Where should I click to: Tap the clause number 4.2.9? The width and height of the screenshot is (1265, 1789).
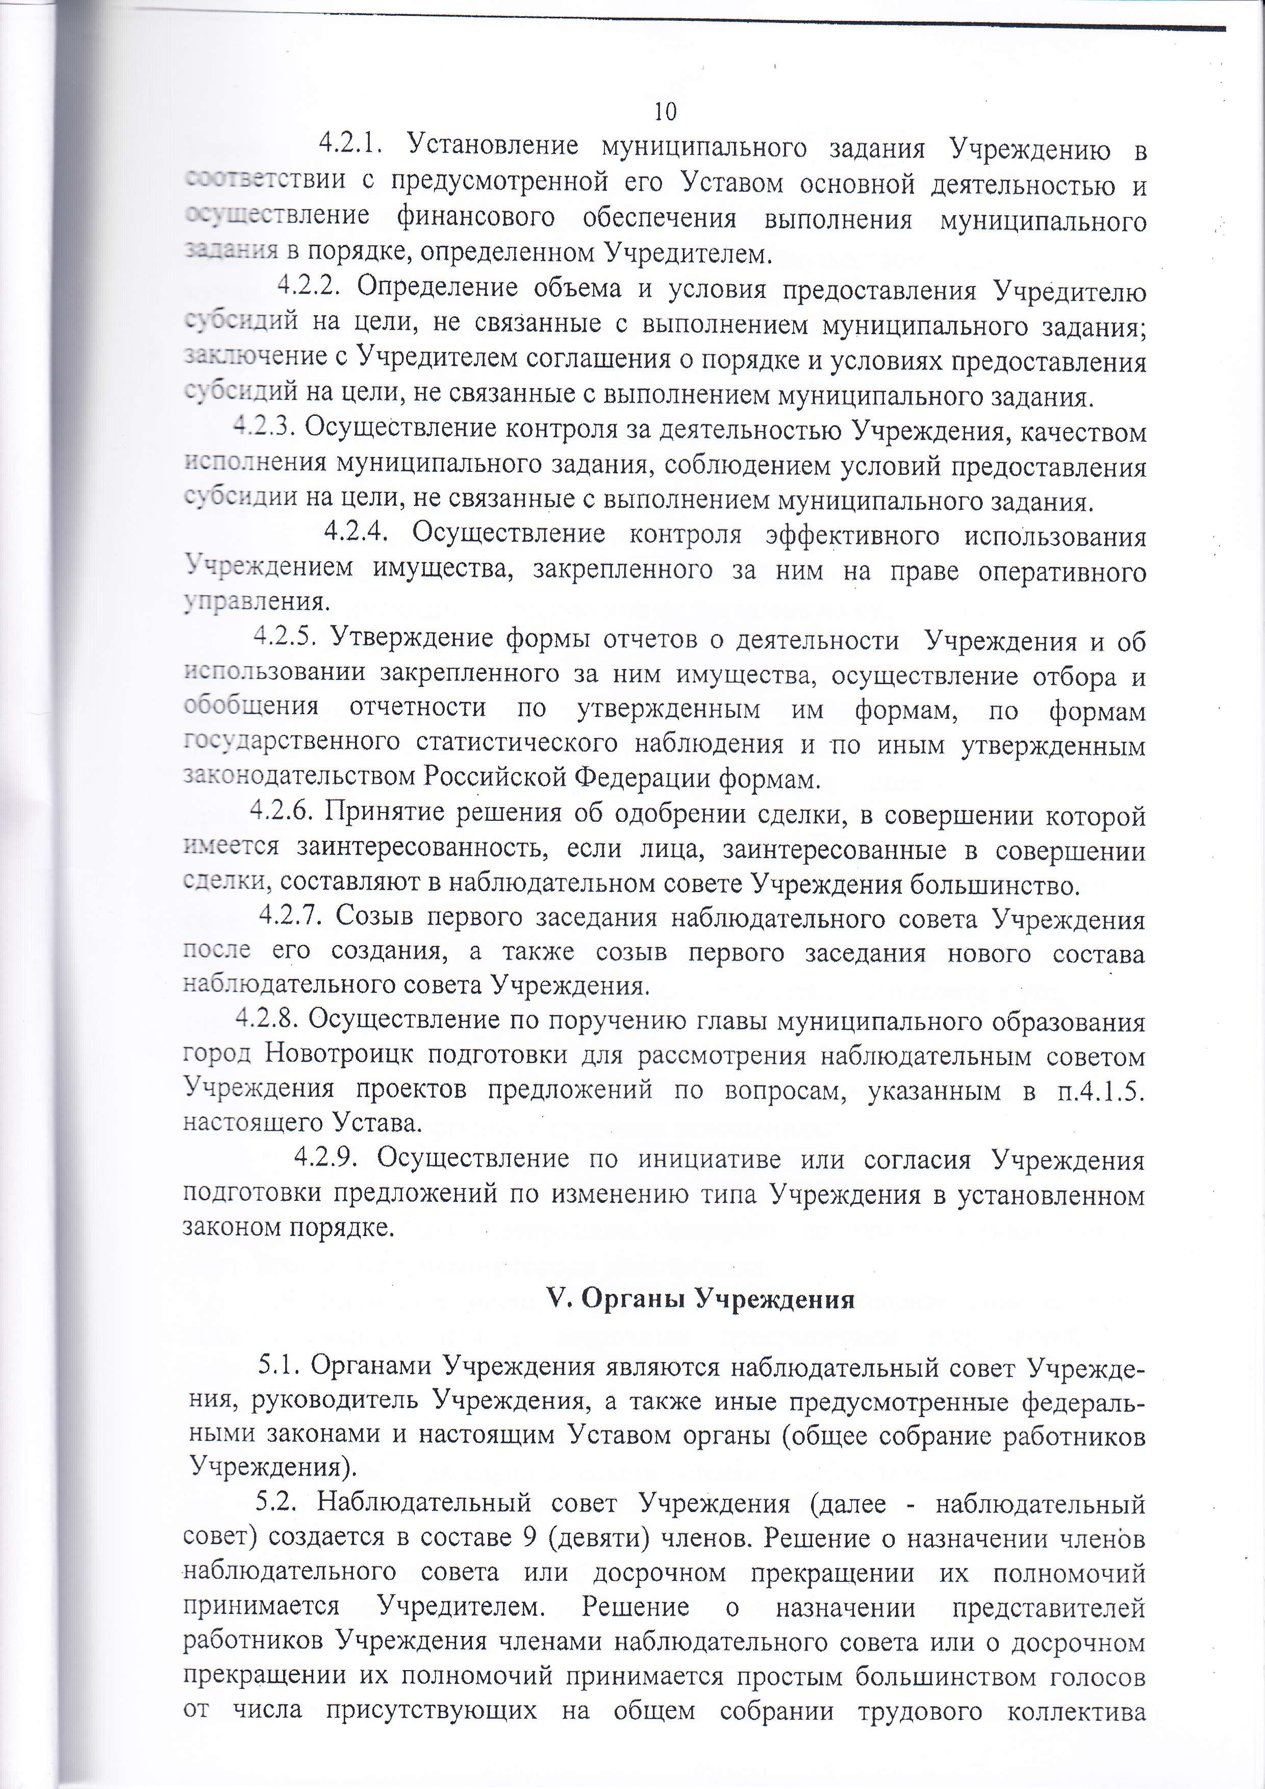click(x=325, y=1158)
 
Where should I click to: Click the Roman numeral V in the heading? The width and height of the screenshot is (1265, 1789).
click(x=556, y=1299)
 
